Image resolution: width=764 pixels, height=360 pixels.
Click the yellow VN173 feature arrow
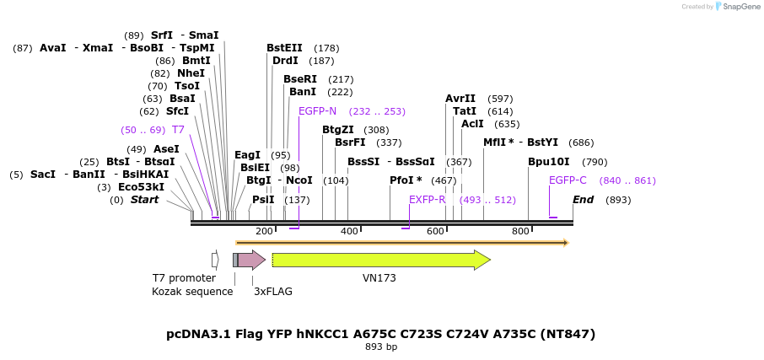(x=379, y=260)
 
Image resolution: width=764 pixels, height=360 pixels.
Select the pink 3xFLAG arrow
(x=251, y=260)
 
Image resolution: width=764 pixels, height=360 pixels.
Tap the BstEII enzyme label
(x=284, y=48)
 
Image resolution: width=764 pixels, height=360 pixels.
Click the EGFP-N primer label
(x=317, y=111)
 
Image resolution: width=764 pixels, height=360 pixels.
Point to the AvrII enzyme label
(x=460, y=99)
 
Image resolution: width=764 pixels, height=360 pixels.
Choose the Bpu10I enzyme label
(x=549, y=162)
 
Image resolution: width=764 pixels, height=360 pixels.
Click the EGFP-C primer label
(x=568, y=180)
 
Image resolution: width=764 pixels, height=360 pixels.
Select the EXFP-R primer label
(x=427, y=200)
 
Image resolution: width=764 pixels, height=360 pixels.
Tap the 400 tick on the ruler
(x=349, y=231)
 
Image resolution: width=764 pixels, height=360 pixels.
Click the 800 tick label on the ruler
(x=520, y=231)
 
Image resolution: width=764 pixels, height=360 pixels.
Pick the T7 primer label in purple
(x=178, y=130)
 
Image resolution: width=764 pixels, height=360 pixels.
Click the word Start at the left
(x=144, y=200)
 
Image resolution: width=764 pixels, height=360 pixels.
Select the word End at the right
(x=583, y=200)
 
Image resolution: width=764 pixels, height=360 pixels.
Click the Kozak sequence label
(x=192, y=292)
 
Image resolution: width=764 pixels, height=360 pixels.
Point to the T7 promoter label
(x=184, y=278)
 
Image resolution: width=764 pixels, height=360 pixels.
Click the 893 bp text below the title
(x=381, y=347)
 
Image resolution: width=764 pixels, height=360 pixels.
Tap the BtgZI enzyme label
(x=337, y=130)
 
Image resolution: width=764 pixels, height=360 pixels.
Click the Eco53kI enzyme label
(x=141, y=187)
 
